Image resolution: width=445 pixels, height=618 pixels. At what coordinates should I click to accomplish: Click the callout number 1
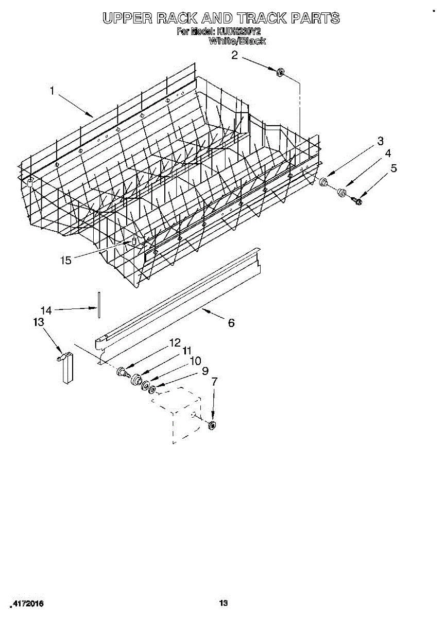pyautogui.click(x=52, y=91)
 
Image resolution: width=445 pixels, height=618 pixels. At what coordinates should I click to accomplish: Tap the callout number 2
pyautogui.click(x=234, y=55)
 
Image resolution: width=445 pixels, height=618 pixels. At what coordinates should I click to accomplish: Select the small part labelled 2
pyautogui.click(x=281, y=72)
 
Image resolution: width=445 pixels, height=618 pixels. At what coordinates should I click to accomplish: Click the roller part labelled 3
pyautogui.click(x=324, y=181)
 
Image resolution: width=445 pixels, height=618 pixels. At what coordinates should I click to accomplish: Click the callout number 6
pyautogui.click(x=231, y=323)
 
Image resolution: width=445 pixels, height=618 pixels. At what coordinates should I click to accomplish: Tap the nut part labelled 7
pyautogui.click(x=212, y=425)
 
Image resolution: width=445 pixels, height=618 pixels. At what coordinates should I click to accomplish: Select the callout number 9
pyautogui.click(x=205, y=370)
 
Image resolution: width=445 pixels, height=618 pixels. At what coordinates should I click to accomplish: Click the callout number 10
pyautogui.click(x=195, y=361)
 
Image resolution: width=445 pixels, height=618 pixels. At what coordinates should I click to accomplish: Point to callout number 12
pyautogui.click(x=175, y=342)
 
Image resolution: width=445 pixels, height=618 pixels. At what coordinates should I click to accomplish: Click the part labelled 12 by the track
pyautogui.click(x=122, y=371)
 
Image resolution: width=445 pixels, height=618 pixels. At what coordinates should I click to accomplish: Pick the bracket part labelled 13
pyautogui.click(x=66, y=367)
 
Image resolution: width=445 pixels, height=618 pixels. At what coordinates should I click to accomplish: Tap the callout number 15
pyautogui.click(x=66, y=260)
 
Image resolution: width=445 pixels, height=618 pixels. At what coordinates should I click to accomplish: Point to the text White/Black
pyautogui.click(x=237, y=41)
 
